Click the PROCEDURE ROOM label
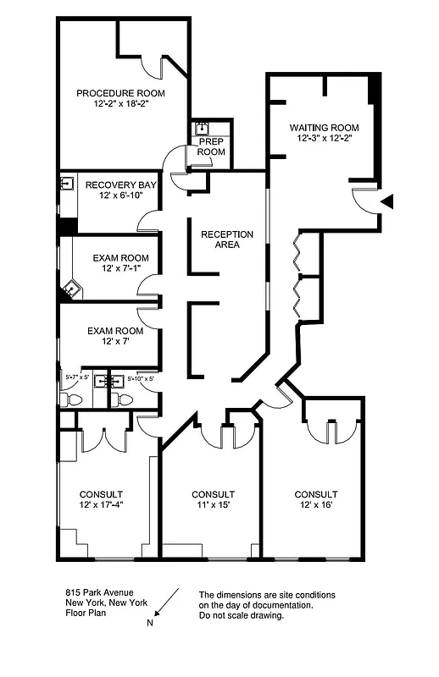click(119, 93)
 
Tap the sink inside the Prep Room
click(203, 129)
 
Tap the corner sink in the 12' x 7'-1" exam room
click(69, 292)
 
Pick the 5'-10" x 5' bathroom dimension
click(140, 378)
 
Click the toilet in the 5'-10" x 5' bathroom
click(120, 399)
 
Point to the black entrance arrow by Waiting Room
click(387, 201)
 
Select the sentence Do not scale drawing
click(242, 615)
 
